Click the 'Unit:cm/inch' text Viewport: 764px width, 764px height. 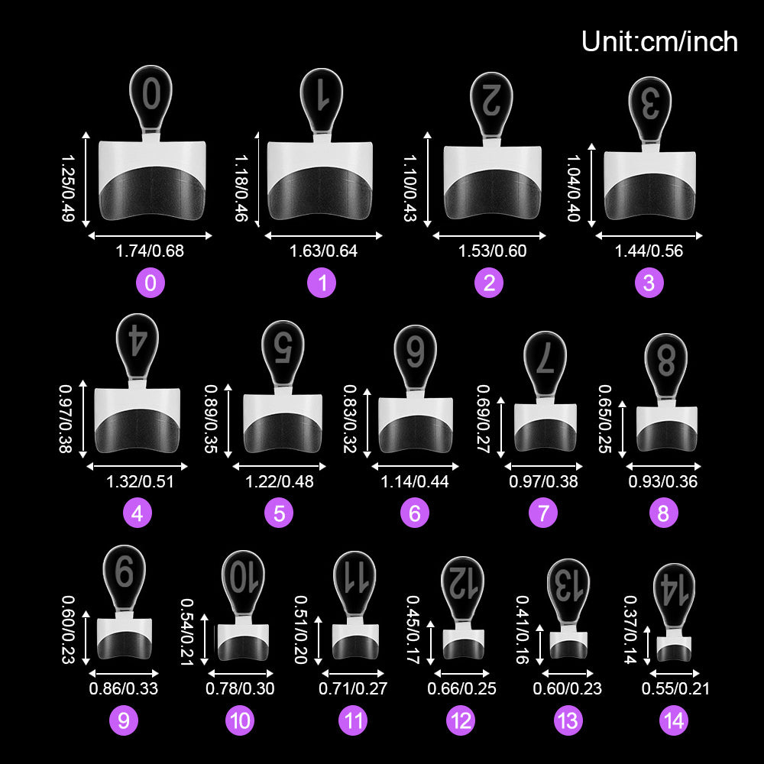click(x=659, y=41)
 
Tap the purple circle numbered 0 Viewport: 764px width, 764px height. click(x=151, y=283)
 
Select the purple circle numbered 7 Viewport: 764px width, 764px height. click(x=543, y=513)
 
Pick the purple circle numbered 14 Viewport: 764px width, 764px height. click(x=674, y=720)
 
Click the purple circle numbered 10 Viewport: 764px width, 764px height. click(x=240, y=720)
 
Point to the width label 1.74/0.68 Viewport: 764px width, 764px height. click(x=150, y=251)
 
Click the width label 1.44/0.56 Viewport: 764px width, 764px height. click(x=649, y=251)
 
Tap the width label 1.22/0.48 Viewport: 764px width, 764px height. click(x=279, y=481)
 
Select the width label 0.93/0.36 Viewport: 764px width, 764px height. click(x=662, y=481)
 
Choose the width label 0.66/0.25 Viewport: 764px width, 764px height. click(x=462, y=688)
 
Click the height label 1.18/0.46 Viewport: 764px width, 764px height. click(x=241, y=188)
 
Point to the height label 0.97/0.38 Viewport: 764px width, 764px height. click(x=66, y=419)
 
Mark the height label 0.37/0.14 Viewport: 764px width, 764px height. click(x=630, y=630)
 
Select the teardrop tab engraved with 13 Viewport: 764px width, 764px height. click(x=568, y=591)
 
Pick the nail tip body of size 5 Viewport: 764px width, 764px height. click(x=283, y=423)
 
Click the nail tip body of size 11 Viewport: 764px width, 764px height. click(x=355, y=642)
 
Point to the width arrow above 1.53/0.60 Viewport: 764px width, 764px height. click(x=489, y=236)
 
